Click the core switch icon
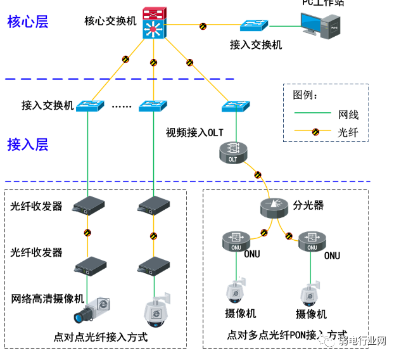coord(153,23)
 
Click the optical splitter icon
coord(274,207)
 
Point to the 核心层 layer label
coord(28,22)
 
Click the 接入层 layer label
coord(28,145)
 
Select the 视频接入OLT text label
coord(195,132)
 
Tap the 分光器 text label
coord(308,205)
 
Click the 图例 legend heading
coord(305,96)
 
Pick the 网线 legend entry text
coord(348,115)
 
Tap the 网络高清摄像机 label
coord(48,298)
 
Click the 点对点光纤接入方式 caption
coord(101,337)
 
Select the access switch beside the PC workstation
coord(254,26)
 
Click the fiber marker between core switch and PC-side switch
coord(203,27)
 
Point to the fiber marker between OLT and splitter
coord(257,174)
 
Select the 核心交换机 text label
coord(110,22)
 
